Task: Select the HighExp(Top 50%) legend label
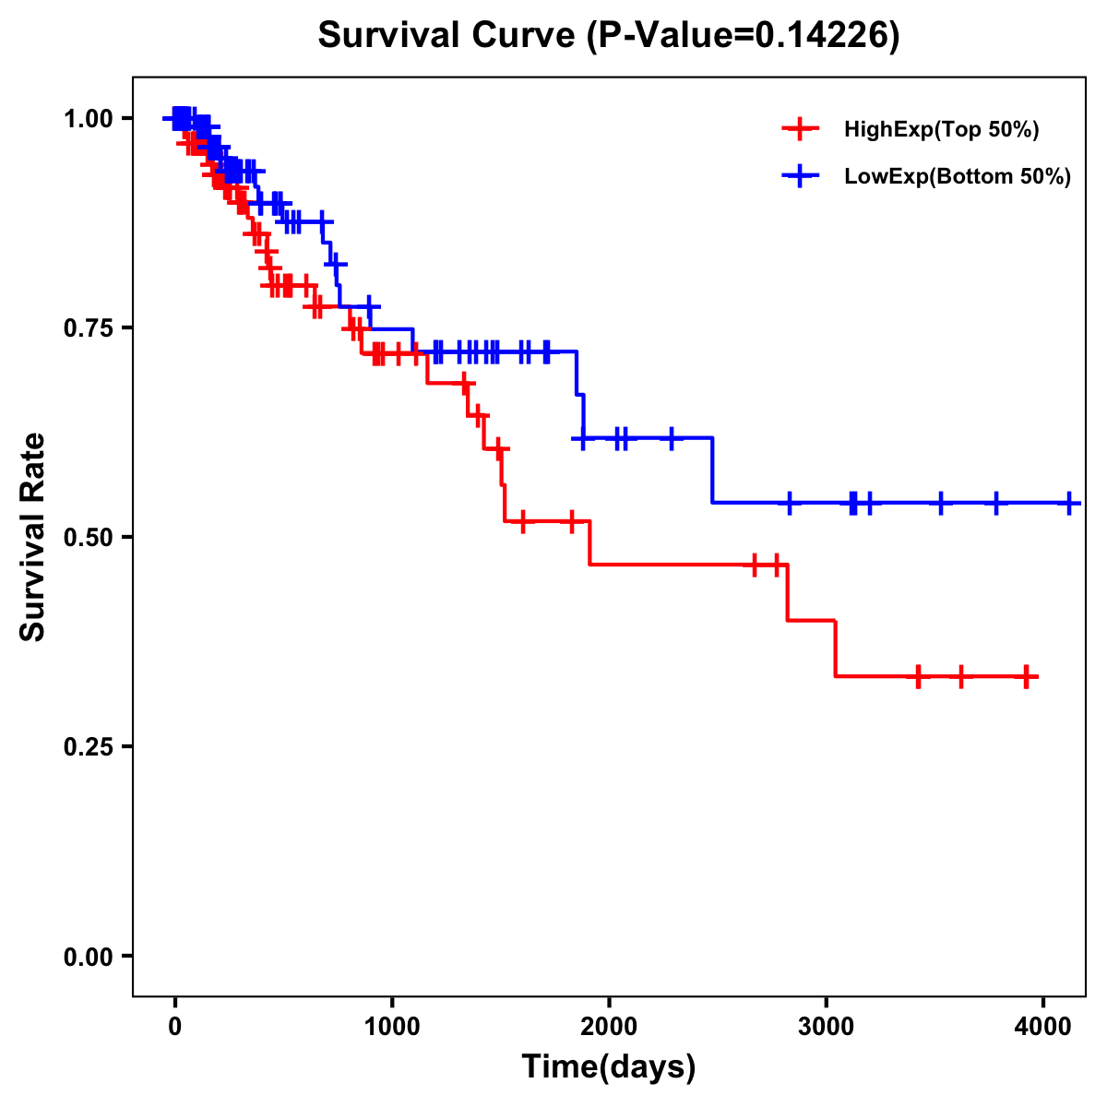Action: click(x=942, y=129)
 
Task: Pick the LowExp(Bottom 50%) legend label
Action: click(x=958, y=176)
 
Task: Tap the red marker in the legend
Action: click(x=800, y=129)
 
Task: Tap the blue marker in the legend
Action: click(x=800, y=176)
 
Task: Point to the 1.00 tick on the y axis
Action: click(x=88, y=119)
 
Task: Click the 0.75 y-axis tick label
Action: click(x=88, y=328)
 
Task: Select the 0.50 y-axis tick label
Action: click(x=88, y=538)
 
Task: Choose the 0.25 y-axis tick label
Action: click(x=88, y=747)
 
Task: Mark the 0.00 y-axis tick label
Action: click(x=88, y=957)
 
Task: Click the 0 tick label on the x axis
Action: click(x=174, y=1025)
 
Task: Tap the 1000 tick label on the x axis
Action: click(x=392, y=1025)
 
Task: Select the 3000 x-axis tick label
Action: click(x=826, y=1025)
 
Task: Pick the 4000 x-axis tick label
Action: click(x=1043, y=1025)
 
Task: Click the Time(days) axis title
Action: click(x=609, y=1067)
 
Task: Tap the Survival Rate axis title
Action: click(x=33, y=537)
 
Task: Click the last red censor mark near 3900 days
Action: click(x=1026, y=676)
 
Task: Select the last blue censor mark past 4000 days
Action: click(x=1069, y=503)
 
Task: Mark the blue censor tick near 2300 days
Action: click(x=672, y=438)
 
